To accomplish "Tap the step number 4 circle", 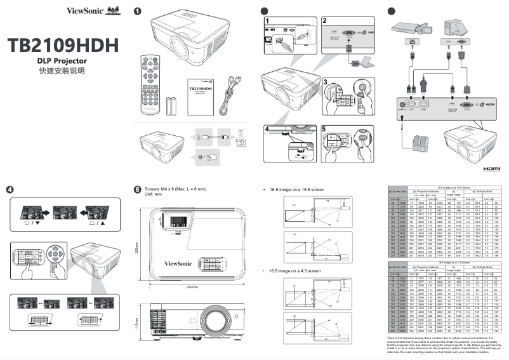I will [x=10, y=189].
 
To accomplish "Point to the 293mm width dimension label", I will [x=192, y=269].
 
